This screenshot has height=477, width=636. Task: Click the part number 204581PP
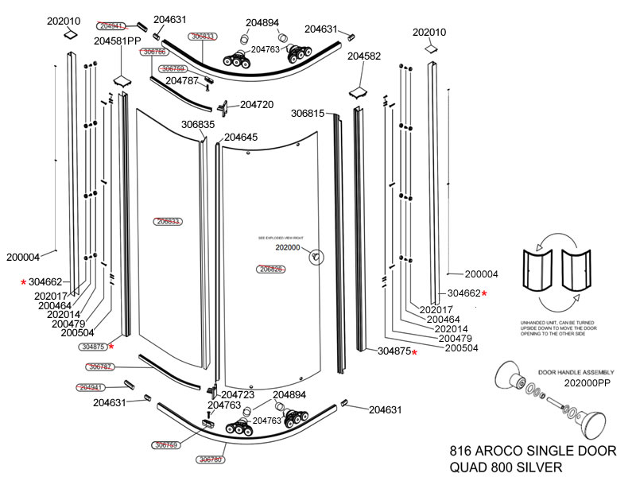click(x=118, y=41)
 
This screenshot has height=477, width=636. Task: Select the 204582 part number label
click(x=364, y=56)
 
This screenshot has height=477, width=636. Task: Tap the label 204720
click(x=257, y=104)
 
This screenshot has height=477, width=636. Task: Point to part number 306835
click(x=198, y=125)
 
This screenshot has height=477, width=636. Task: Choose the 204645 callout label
click(x=241, y=137)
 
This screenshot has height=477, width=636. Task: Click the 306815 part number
click(x=308, y=114)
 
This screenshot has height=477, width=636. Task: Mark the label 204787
click(x=182, y=80)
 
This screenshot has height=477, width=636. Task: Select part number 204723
click(x=238, y=394)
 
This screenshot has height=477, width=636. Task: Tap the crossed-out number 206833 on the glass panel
click(x=169, y=221)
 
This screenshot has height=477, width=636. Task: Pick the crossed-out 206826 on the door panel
click(x=272, y=269)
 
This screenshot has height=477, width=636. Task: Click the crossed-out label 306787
click(x=100, y=366)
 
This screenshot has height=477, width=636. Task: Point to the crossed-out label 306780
click(x=211, y=460)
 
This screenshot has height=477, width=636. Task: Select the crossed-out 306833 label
click(x=203, y=37)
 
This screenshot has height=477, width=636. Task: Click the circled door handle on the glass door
click(x=316, y=257)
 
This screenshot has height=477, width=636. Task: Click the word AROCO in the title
click(x=505, y=451)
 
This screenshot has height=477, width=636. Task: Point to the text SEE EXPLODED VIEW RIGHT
click(x=281, y=238)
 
